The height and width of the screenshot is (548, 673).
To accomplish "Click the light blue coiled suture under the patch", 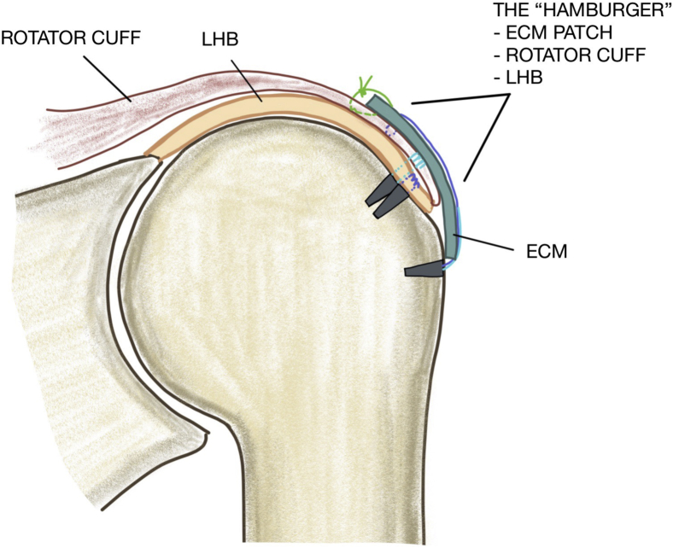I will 416,160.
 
